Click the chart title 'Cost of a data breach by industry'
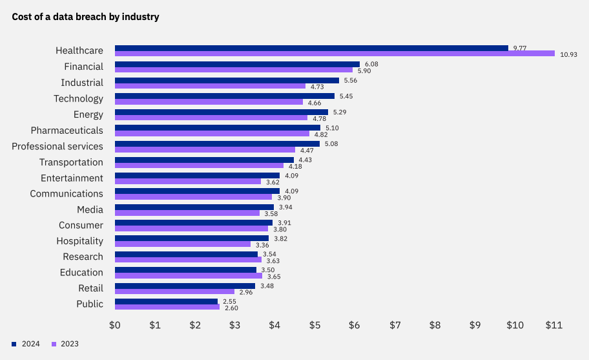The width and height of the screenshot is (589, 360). click(85, 17)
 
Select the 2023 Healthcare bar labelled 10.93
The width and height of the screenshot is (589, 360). click(335, 54)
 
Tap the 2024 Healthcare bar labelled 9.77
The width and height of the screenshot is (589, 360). click(311, 48)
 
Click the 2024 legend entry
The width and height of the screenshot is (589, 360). click(26, 344)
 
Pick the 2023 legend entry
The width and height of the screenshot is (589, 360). click(65, 344)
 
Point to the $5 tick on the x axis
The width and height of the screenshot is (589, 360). click(315, 324)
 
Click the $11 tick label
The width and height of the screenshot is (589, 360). click(555, 324)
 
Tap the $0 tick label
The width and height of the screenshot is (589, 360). click(115, 324)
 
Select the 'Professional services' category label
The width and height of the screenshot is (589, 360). click(57, 146)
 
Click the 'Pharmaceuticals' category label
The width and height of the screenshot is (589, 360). click(67, 131)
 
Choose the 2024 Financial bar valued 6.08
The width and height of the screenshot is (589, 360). click(237, 64)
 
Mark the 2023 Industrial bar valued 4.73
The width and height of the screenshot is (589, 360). click(210, 85)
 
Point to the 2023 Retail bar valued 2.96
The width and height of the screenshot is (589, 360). click(174, 291)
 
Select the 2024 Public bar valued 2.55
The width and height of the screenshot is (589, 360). click(166, 301)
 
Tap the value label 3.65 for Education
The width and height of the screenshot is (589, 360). click(274, 276)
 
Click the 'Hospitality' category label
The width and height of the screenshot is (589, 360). click(80, 241)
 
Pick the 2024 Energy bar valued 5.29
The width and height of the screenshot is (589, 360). click(221, 112)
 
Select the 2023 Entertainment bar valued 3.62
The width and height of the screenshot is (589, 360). click(187, 181)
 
